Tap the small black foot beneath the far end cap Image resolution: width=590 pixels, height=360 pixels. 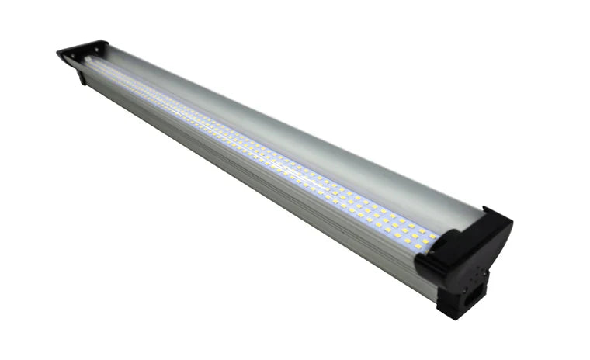(82, 77)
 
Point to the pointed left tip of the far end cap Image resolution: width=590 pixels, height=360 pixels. (58, 53)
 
